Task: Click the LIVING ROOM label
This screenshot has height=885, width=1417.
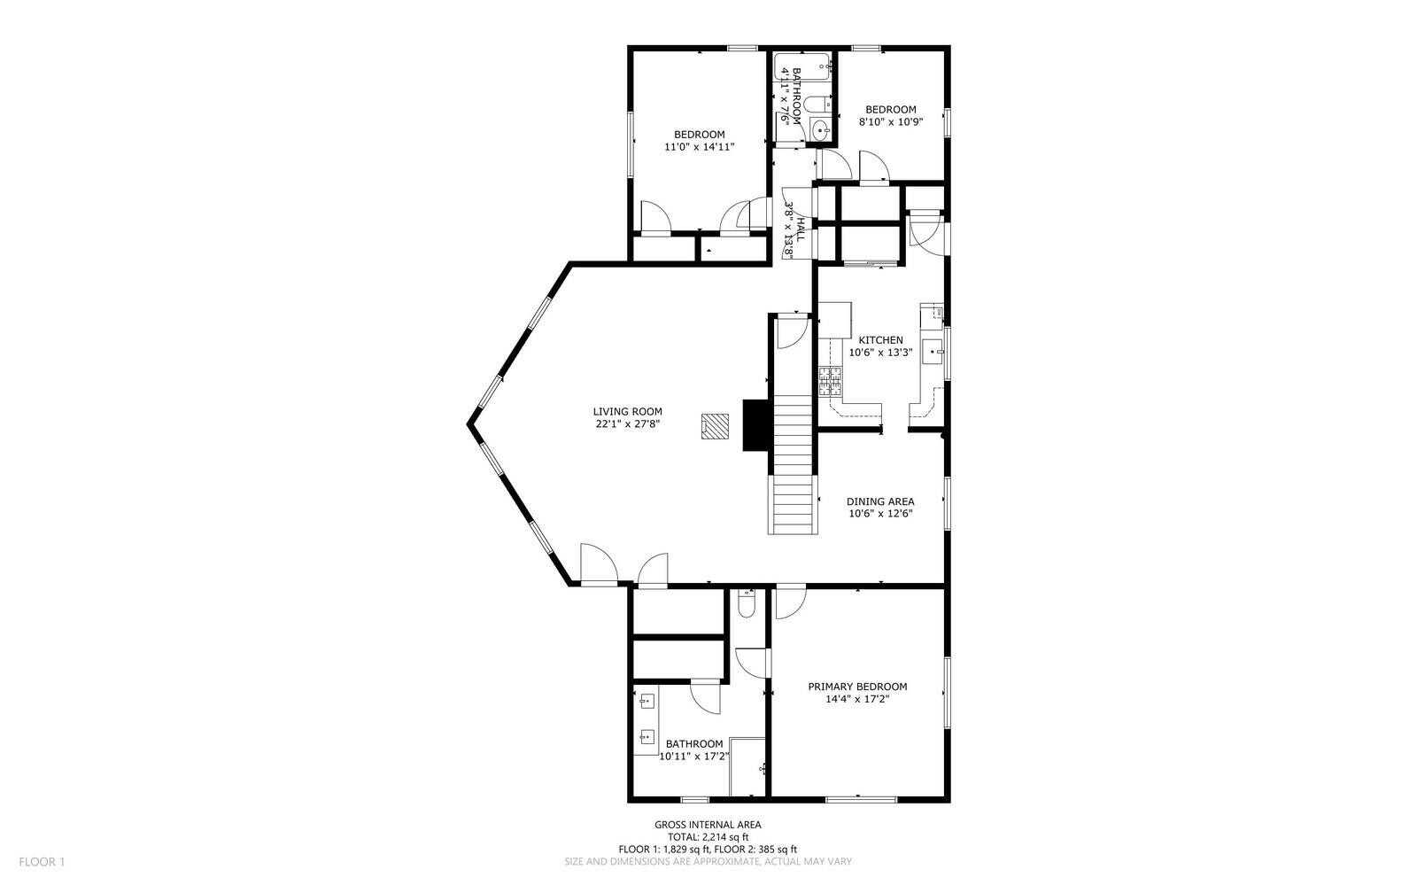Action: point(627,411)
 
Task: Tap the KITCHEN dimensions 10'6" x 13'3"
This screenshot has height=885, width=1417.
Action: point(880,352)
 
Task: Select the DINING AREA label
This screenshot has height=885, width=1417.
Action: point(880,501)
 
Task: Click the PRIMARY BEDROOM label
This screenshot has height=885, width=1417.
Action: point(857,687)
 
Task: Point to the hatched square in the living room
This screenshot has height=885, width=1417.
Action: point(714,426)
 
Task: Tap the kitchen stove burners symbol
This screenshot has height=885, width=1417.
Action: point(829,381)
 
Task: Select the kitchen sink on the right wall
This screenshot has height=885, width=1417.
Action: point(933,352)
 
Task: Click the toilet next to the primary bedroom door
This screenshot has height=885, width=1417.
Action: point(746,605)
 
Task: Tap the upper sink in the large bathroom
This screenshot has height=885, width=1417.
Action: point(647,702)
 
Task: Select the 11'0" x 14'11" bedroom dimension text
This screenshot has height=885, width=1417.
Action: point(700,147)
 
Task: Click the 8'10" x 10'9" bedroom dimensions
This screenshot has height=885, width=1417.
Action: point(891,122)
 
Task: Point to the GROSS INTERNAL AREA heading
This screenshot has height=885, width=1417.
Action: point(708,825)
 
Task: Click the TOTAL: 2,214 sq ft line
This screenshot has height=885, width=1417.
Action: point(708,837)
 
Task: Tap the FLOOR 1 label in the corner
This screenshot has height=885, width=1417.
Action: point(43,861)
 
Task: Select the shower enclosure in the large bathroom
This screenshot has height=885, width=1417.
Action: point(748,766)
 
